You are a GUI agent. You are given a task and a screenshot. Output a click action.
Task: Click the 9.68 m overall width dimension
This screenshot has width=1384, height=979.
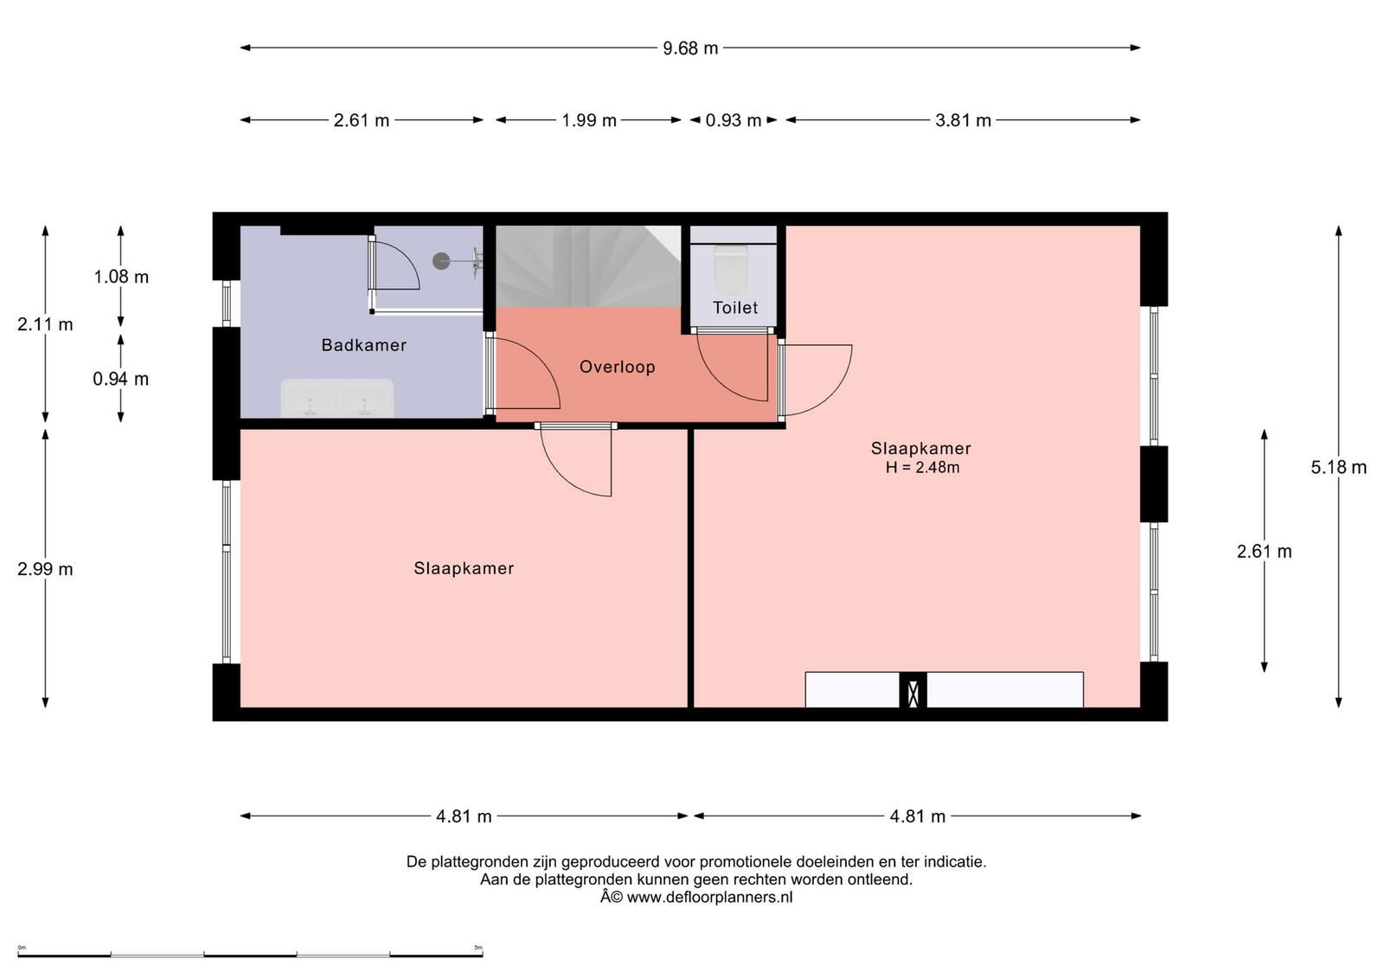pyautogui.click(x=690, y=48)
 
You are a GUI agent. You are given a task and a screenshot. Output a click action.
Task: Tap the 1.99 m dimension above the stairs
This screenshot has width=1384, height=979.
pyautogui.click(x=589, y=120)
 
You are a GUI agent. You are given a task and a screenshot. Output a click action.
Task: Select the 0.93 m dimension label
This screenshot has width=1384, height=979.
pyautogui.click(x=734, y=120)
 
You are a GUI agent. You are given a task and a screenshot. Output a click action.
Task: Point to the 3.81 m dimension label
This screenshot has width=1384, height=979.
pyautogui.click(x=963, y=120)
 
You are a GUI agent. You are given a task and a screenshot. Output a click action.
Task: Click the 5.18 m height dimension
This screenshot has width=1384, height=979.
pyautogui.click(x=1338, y=467)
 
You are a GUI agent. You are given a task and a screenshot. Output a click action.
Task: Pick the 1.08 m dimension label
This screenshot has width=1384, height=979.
pyautogui.click(x=121, y=277)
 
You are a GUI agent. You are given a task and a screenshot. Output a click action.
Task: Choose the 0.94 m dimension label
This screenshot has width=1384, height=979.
pyautogui.click(x=121, y=379)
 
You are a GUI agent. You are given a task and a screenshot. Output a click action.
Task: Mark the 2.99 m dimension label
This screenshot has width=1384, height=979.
pyautogui.click(x=45, y=569)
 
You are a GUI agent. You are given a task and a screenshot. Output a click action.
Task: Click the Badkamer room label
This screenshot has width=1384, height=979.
pyautogui.click(x=364, y=345)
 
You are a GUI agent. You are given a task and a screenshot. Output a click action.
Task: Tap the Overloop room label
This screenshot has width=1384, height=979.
pyautogui.click(x=618, y=367)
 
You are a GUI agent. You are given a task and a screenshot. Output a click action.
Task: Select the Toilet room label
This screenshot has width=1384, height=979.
pyautogui.click(x=735, y=308)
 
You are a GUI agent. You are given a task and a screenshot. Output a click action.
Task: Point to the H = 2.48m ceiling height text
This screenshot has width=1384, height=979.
pyautogui.click(x=922, y=468)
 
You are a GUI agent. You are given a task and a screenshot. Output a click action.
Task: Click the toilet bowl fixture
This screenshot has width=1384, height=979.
pyautogui.click(x=731, y=269)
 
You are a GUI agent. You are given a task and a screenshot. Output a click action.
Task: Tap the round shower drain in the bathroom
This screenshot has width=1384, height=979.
pyautogui.click(x=441, y=261)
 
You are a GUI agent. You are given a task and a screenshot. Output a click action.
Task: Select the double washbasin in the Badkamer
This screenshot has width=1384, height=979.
pyautogui.click(x=337, y=398)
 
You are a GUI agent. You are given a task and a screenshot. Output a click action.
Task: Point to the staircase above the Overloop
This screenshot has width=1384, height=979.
pyautogui.click(x=588, y=267)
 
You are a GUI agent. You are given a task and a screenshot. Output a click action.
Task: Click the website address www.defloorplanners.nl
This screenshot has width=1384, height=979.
pyautogui.click(x=710, y=898)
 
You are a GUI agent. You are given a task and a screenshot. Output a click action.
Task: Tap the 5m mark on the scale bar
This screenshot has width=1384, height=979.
pyautogui.click(x=478, y=948)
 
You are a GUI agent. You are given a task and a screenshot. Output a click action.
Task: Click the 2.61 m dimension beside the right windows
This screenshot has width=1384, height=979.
pyautogui.click(x=1264, y=552)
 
